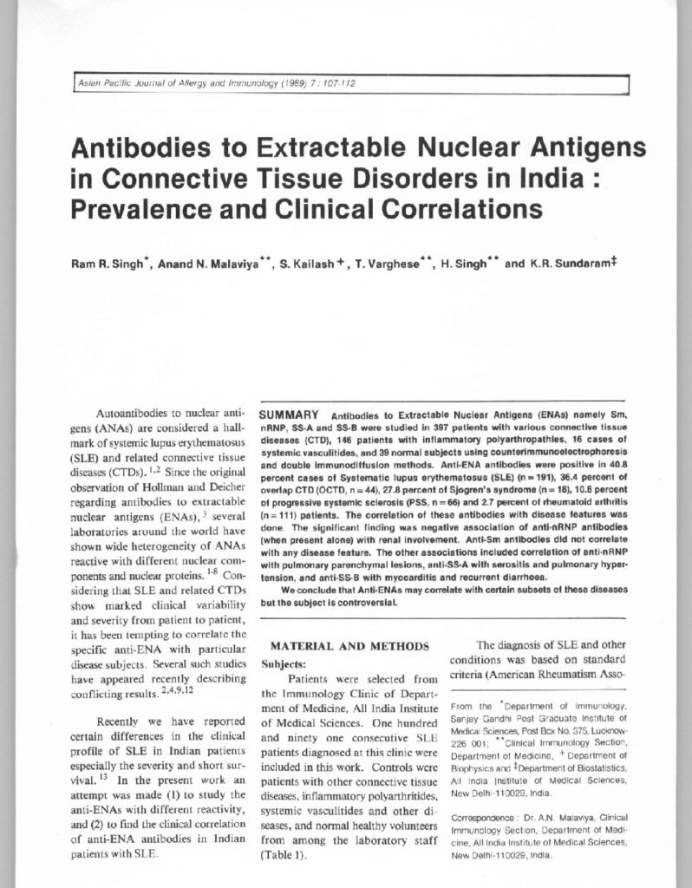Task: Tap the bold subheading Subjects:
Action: point(284,663)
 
